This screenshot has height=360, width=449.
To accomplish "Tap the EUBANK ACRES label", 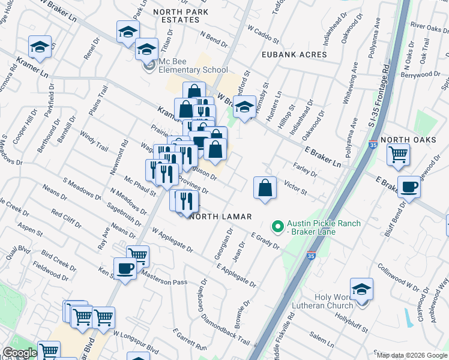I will pos(294,55).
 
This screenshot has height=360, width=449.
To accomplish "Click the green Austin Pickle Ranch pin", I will pos(277,227).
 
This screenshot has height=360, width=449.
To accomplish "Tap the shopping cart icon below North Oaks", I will pos(398,155).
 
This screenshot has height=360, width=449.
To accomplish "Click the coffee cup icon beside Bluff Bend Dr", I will pos(409,187).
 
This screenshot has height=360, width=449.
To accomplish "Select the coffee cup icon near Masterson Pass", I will pos(125,268).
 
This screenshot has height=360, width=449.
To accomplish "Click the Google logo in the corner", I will pos(20,353).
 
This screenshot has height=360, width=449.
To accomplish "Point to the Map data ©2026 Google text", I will pos(412,355).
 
